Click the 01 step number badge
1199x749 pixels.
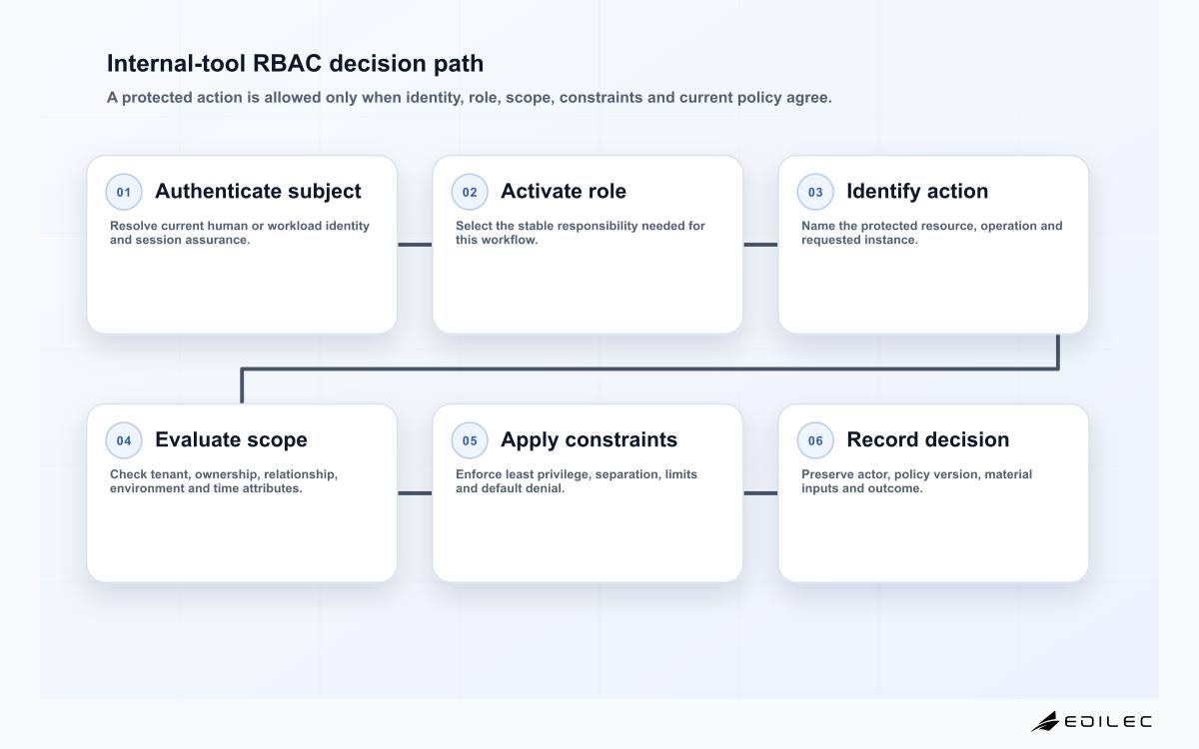point(124,192)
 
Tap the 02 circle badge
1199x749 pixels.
point(470,192)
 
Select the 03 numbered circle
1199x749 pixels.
point(815,192)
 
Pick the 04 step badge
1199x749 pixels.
point(124,440)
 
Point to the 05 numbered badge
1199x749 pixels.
point(470,440)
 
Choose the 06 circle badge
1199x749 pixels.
point(815,440)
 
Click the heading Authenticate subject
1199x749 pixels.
point(258,191)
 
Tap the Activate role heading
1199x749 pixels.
point(564,191)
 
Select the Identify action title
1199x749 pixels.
point(917,191)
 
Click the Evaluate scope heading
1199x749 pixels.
point(231,439)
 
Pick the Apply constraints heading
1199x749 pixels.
point(589,439)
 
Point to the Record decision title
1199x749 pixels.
point(927,439)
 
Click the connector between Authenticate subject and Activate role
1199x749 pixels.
point(415,245)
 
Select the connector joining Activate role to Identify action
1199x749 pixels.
point(760,245)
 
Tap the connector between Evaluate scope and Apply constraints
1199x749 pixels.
point(415,493)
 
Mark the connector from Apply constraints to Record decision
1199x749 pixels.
point(760,493)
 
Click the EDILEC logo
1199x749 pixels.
point(1091,721)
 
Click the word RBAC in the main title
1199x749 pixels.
point(287,63)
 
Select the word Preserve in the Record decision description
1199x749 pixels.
point(827,474)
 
